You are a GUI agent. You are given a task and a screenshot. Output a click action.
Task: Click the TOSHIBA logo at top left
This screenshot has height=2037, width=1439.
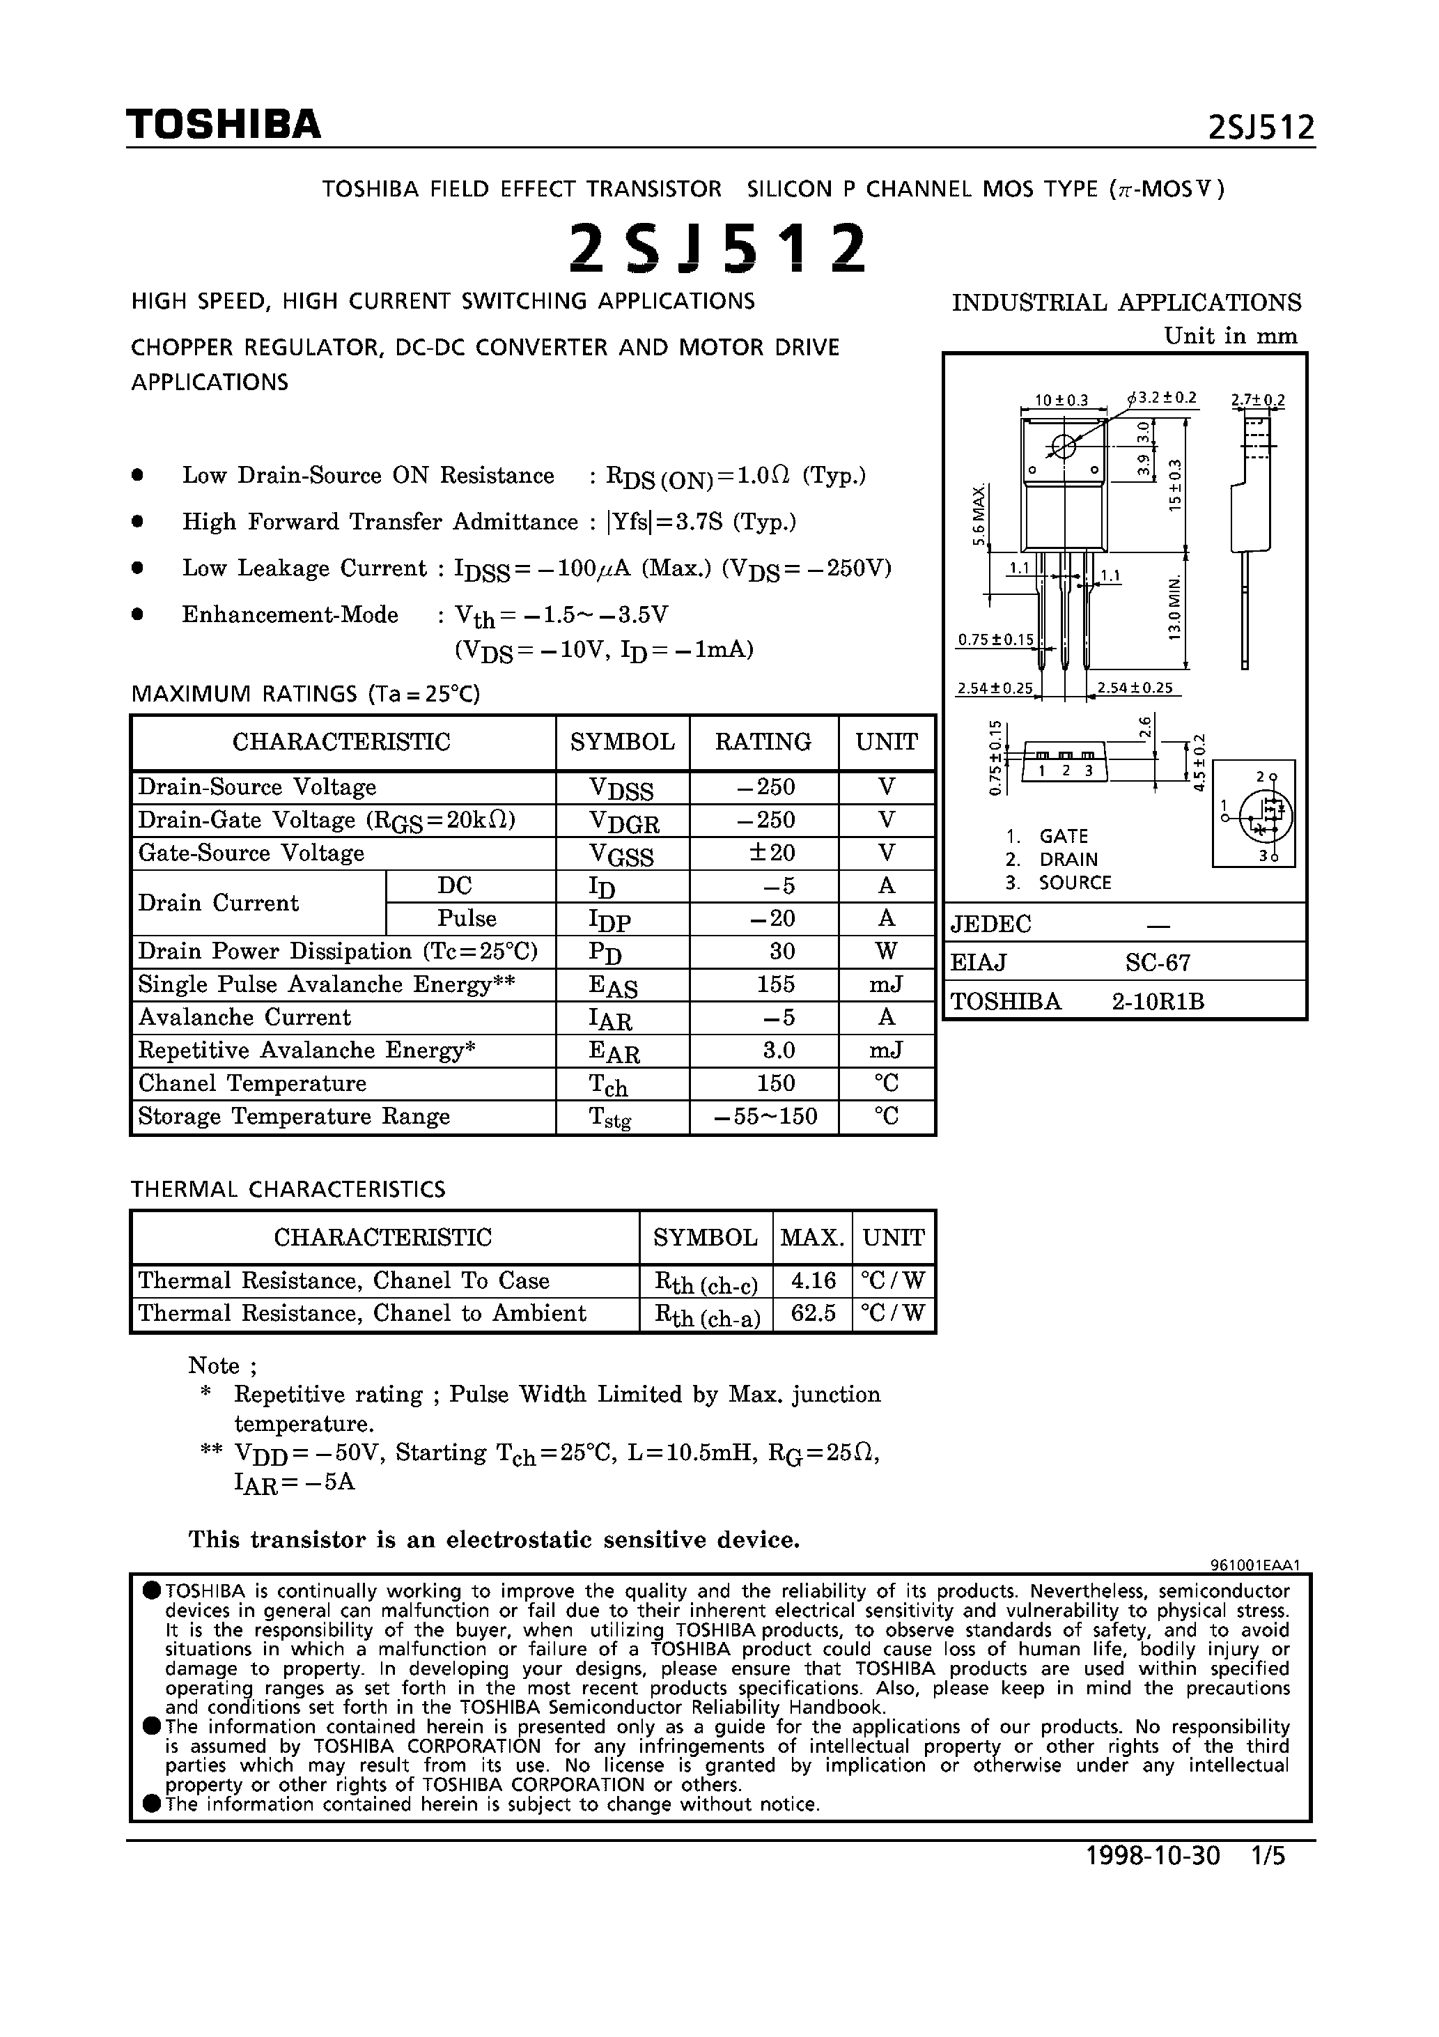pos(223,124)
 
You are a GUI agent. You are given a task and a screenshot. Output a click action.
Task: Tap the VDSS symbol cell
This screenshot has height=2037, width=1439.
pos(621,789)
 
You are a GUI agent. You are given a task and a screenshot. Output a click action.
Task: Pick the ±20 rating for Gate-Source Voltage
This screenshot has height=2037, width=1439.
pos(771,853)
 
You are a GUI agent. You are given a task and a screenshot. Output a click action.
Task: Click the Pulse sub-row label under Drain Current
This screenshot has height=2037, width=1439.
pos(467,918)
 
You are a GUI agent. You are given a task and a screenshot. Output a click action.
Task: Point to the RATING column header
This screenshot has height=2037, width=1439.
pos(763,742)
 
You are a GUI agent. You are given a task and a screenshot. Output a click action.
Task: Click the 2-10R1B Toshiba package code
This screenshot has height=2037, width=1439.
pos(1158,1002)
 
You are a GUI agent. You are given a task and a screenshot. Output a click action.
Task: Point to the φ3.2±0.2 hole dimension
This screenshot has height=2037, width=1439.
pos(1163,398)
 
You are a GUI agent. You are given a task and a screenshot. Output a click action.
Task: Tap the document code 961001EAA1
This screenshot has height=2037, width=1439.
pos(1254,1566)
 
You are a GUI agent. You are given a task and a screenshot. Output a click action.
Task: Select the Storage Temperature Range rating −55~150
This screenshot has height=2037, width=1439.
pos(765,1116)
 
